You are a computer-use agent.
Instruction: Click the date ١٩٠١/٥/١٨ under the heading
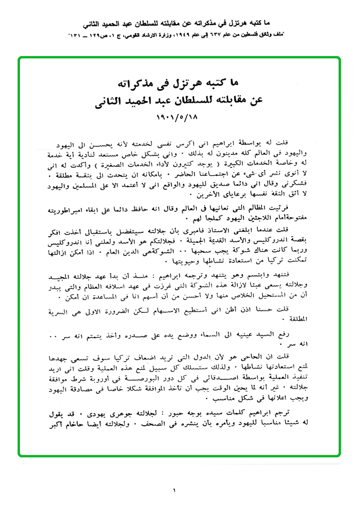pos(179,116)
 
